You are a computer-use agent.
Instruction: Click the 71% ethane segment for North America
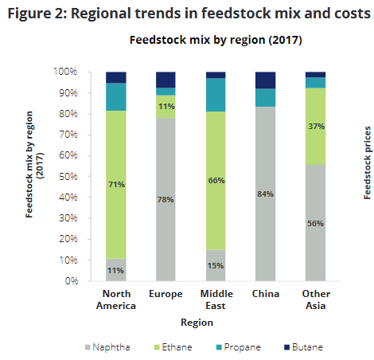[116, 184]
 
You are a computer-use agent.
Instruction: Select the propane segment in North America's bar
[116, 96]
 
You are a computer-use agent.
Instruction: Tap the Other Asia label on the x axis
[315, 300]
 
